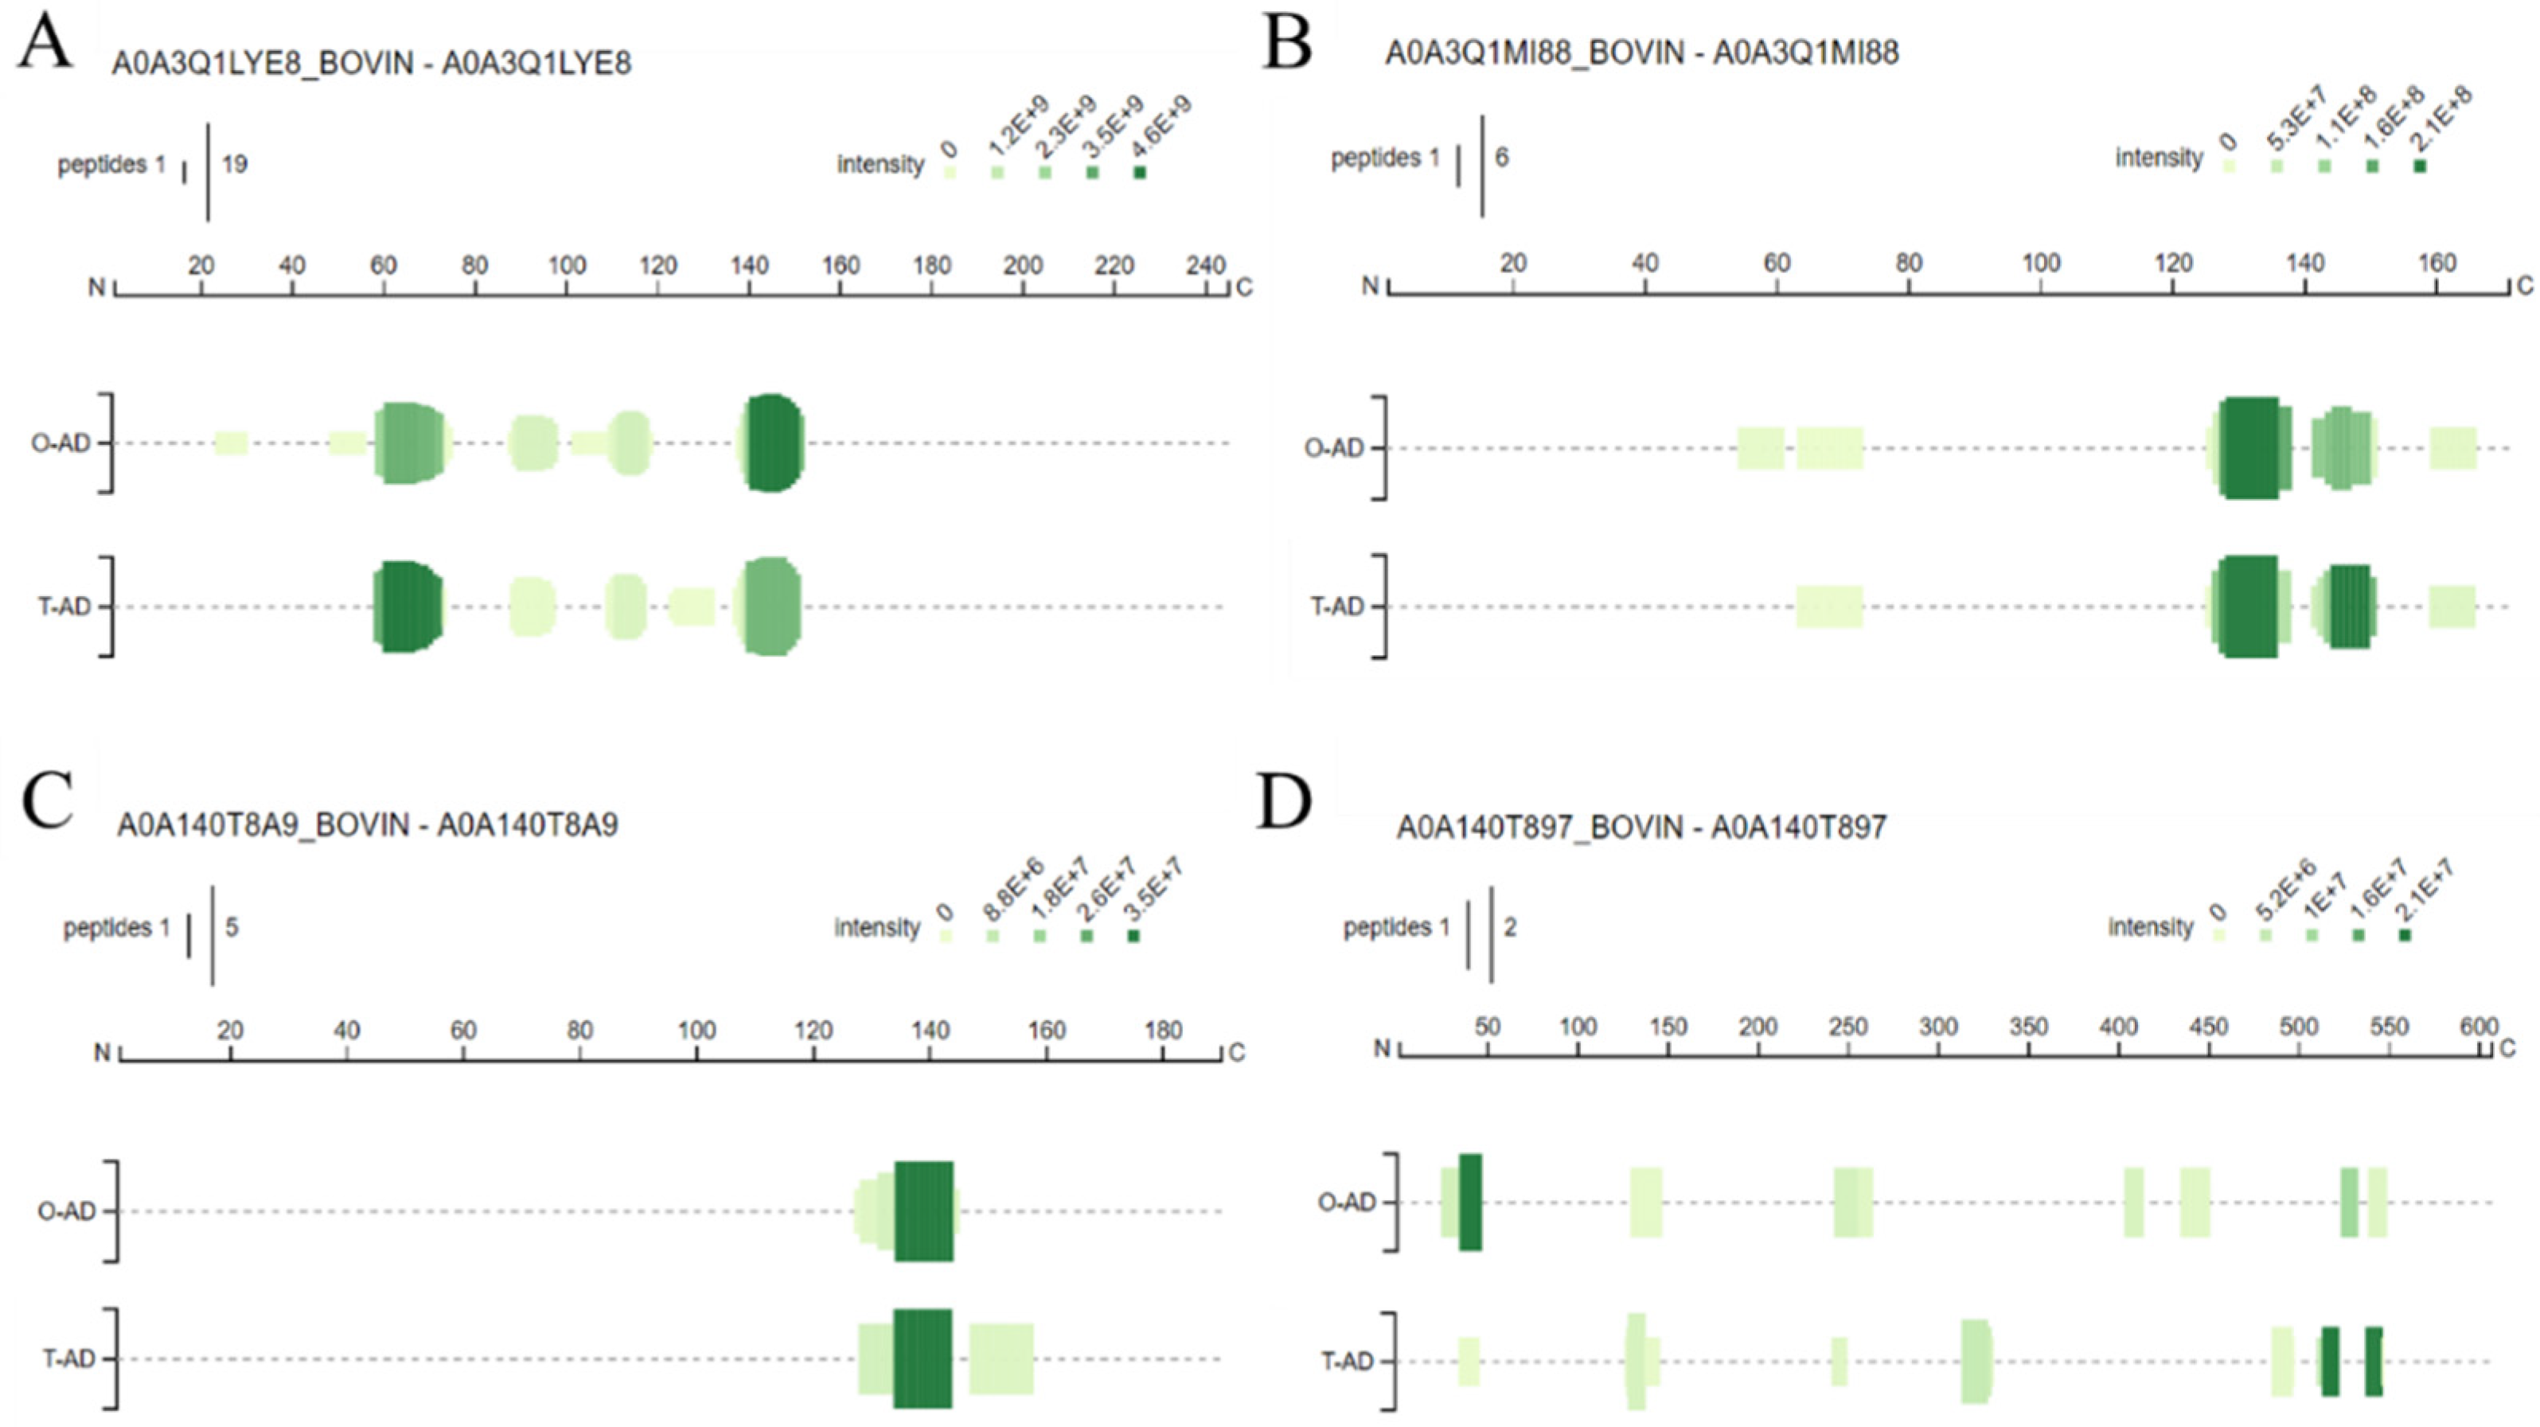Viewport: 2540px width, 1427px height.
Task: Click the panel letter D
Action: (x=1284, y=804)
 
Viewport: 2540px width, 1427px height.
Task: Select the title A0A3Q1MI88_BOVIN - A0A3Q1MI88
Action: (x=1642, y=53)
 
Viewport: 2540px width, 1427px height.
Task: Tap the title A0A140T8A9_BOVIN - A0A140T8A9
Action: (x=367, y=825)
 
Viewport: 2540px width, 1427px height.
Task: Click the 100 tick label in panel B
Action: (x=2041, y=263)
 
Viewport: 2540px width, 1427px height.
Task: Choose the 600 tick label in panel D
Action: (x=2478, y=1027)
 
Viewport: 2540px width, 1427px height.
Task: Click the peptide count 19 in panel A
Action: (x=235, y=165)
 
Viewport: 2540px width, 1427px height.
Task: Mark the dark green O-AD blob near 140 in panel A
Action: (x=773, y=443)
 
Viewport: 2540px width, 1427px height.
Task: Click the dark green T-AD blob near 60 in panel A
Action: (x=408, y=606)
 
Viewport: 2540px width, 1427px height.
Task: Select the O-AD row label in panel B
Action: (x=1332, y=449)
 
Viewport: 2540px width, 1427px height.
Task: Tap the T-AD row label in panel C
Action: (x=67, y=1359)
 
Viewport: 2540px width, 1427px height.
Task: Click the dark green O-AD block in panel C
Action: (x=924, y=1211)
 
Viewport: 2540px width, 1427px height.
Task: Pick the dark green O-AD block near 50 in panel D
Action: (x=1470, y=1202)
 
